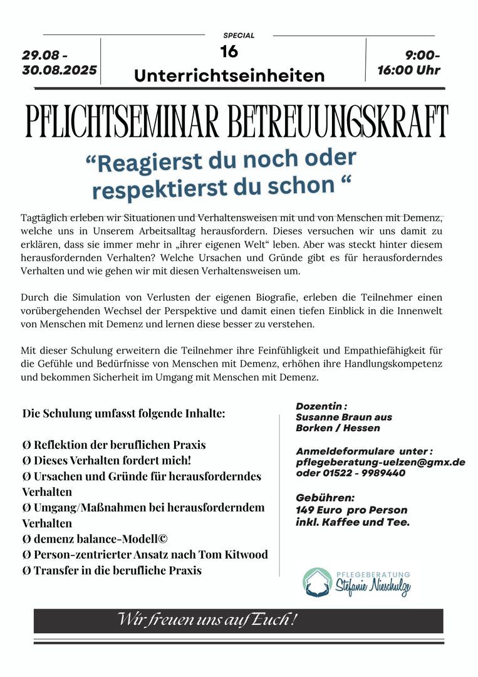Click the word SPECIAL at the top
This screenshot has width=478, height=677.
click(x=239, y=36)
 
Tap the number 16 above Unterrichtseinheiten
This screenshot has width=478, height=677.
click(x=229, y=52)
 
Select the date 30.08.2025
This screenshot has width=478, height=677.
click(x=60, y=70)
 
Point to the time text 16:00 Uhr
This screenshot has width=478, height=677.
click(x=408, y=70)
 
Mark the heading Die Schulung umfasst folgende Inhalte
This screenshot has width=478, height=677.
click(x=123, y=414)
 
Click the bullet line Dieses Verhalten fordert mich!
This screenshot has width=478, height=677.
click(x=110, y=460)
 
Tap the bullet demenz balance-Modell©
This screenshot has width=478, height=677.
click(x=95, y=538)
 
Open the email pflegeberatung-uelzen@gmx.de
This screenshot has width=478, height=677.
click(x=380, y=462)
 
